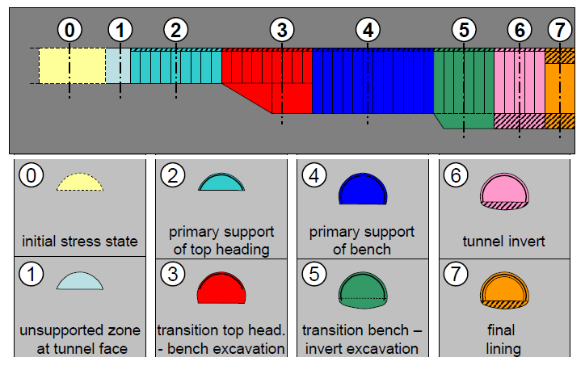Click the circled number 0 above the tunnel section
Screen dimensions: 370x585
pos(70,31)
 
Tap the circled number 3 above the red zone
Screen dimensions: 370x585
pos(280,31)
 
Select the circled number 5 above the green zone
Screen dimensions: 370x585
pos(462,31)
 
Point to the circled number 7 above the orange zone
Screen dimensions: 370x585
pos(558,31)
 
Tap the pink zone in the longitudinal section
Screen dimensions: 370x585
pos(518,81)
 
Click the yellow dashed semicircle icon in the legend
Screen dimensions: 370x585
pos(79,183)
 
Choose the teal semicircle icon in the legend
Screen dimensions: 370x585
pos(221,183)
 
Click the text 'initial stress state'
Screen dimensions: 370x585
pos(79,241)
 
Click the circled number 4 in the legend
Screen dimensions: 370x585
pos(314,174)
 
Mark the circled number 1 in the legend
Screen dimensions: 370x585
pos(30,275)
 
